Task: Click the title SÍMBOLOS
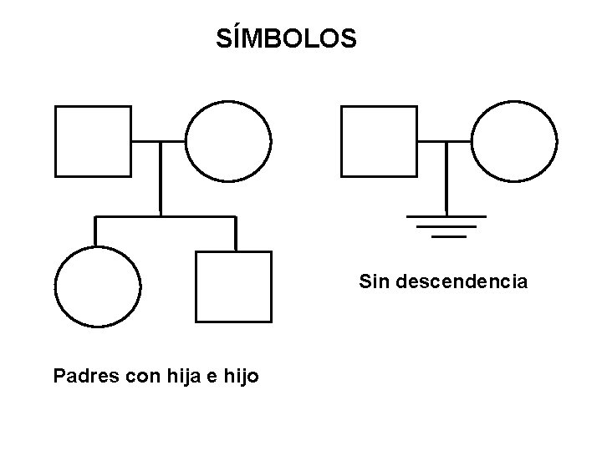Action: pos(286,38)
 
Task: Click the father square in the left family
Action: pos(93,141)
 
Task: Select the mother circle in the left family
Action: pos(228,141)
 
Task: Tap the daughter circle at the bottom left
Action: pos(97,286)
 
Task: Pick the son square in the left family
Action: pos(233,286)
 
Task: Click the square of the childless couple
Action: pos(380,141)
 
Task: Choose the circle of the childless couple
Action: pos(513,141)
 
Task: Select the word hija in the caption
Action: pos(189,377)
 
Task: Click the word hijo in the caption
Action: pos(242,377)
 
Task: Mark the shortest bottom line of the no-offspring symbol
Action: pos(448,236)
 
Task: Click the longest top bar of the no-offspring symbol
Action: pos(446,215)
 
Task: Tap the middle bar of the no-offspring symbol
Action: pos(447,226)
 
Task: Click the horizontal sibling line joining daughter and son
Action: pos(166,216)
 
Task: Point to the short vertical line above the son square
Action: pos(236,233)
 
